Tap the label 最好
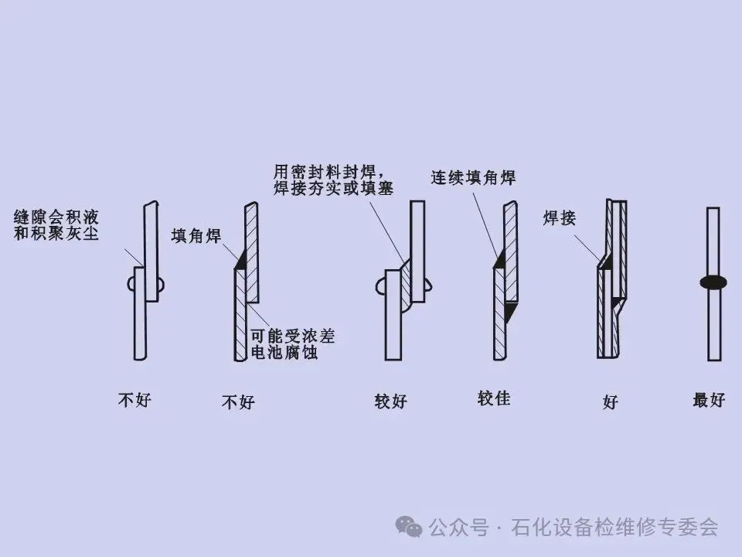click(709, 400)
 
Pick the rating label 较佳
click(494, 399)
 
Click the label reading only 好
click(611, 402)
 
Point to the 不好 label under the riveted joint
click(134, 400)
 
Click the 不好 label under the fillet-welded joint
click(238, 402)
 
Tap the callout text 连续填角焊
click(473, 177)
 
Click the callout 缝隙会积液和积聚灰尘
click(56, 224)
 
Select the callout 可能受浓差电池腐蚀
click(293, 345)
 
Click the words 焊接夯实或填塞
click(333, 187)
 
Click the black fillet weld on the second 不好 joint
click(241, 261)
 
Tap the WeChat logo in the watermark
click(409, 526)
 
